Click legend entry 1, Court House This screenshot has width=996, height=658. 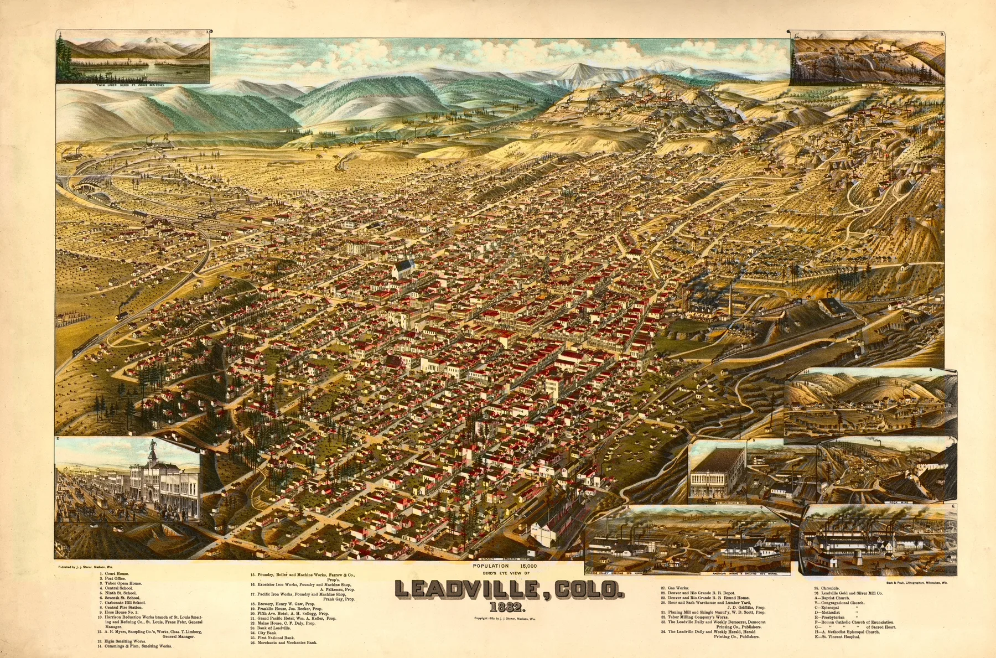point(116,573)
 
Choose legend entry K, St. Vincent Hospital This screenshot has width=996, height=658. point(836,637)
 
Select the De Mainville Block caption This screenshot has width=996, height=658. point(717,502)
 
